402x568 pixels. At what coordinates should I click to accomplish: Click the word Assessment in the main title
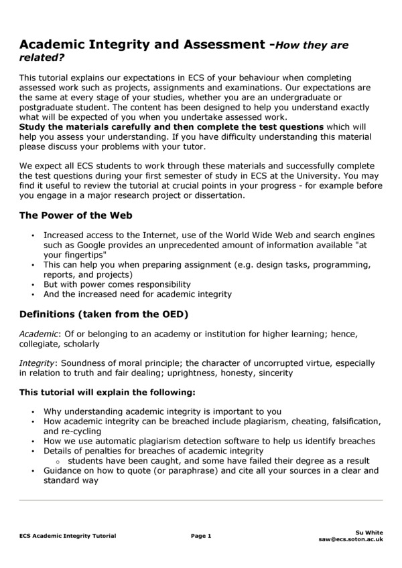click(x=220, y=45)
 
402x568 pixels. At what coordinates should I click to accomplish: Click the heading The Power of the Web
click(x=76, y=215)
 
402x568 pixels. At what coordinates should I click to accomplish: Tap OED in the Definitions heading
click(x=173, y=314)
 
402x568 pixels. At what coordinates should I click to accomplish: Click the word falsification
click(x=354, y=421)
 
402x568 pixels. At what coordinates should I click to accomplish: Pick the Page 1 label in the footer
click(x=201, y=536)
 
